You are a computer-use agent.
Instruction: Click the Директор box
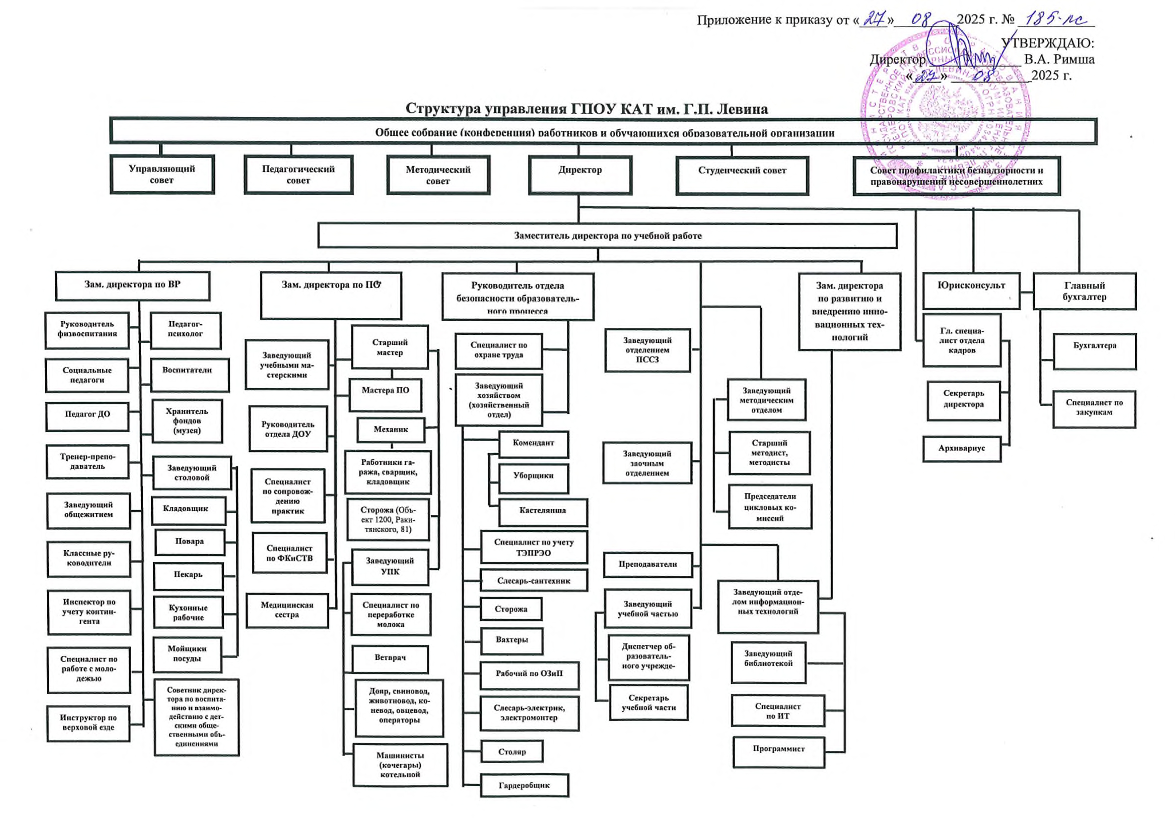point(580,175)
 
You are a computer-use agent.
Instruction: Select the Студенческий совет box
point(742,176)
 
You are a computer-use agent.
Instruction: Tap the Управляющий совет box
point(162,175)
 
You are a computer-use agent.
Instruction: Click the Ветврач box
point(390,658)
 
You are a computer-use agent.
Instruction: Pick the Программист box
point(778,752)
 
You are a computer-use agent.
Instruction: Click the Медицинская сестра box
point(287,610)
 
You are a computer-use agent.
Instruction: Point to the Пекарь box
point(188,575)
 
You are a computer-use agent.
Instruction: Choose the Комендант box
point(533,443)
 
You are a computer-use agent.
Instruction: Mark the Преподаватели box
point(647,564)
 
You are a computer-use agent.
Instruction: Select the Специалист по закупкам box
point(1094,408)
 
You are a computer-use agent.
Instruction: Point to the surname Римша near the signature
point(1073,59)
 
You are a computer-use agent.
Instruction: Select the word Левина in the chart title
point(742,109)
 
